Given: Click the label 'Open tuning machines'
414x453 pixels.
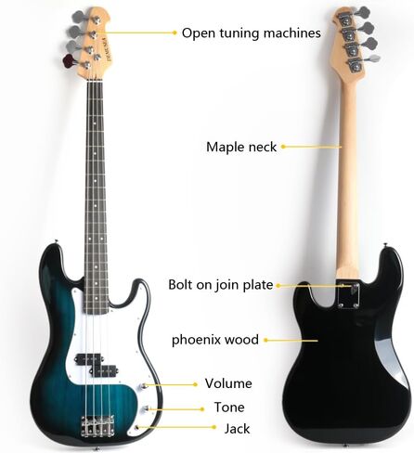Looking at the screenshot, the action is [251, 33].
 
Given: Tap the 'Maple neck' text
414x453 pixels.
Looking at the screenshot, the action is [241, 147].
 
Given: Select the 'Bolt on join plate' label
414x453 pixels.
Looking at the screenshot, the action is [221, 285].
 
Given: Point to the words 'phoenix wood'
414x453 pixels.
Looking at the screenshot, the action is [215, 340].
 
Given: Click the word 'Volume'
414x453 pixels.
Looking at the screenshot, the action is [228, 383].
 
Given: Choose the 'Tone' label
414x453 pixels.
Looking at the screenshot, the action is [229, 408].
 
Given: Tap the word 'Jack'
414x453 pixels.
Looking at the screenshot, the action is [237, 429].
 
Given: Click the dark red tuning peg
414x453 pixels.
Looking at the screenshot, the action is [69, 60].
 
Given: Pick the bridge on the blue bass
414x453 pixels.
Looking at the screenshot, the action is [97, 426].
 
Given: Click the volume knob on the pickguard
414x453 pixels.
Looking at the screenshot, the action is [143, 386].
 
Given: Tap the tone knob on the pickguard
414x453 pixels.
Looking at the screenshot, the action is [145, 409].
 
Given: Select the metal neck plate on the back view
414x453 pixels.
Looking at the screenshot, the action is [348, 295].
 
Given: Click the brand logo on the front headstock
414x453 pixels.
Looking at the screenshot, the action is [103, 49].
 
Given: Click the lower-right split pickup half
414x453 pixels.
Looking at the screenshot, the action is [103, 369].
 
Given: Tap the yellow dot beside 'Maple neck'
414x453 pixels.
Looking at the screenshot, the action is [283, 147].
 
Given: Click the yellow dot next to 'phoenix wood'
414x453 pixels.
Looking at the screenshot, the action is [265, 340].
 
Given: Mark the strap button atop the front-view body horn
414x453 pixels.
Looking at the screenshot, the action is [56, 241].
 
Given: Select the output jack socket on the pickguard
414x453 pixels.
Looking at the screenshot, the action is [137, 427].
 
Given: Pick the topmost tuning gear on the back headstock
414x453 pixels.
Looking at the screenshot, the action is [346, 19].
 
